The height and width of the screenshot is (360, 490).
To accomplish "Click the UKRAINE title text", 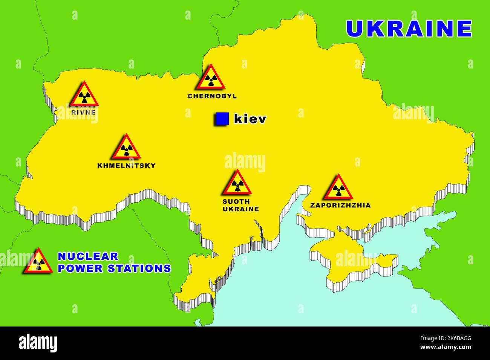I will [409, 29].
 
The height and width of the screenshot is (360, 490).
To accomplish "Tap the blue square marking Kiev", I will [222, 119].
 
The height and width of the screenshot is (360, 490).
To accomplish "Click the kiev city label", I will [250, 119].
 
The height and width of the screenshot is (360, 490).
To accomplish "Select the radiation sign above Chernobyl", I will [210, 78].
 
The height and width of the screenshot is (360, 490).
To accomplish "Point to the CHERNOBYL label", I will [212, 96].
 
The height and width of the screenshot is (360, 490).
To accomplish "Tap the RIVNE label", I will [83, 112].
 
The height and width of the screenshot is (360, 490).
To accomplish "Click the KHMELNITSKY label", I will [126, 165].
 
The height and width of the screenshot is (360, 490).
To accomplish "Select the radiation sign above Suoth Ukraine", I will [236, 184].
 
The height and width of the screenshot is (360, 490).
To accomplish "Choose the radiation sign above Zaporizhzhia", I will [338, 188].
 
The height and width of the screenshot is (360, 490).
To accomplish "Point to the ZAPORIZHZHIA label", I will [340, 205].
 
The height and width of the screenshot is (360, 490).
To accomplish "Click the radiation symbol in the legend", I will [38, 262].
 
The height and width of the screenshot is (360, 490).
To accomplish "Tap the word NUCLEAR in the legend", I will [88, 256].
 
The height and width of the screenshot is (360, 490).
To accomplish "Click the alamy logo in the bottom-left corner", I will [38, 343].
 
